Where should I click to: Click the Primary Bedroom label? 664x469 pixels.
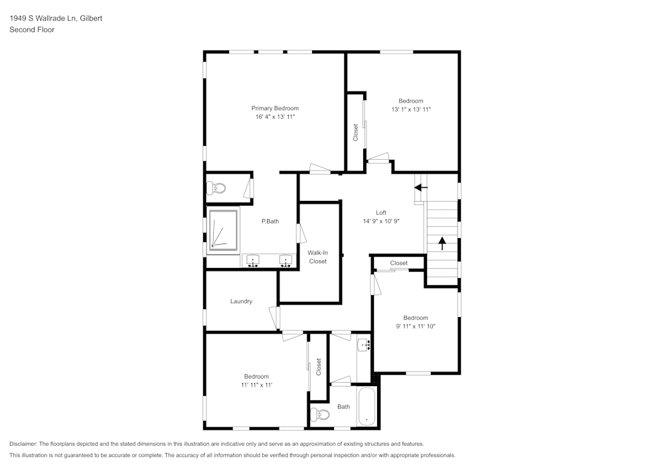point(274,108)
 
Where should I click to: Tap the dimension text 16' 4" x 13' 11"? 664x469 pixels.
point(274,117)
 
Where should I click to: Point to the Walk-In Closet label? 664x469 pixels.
point(317,257)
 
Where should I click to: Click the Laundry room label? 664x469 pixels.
point(241,301)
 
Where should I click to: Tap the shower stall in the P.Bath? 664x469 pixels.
point(222,230)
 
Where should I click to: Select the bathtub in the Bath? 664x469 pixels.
point(367,406)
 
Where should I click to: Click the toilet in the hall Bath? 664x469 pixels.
point(320,415)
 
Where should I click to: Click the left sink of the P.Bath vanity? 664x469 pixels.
point(253,261)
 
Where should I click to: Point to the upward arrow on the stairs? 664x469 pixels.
point(442,242)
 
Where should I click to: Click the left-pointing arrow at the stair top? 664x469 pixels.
point(421,187)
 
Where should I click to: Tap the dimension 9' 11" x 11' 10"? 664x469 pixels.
point(416,326)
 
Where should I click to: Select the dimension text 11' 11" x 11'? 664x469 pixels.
point(256,385)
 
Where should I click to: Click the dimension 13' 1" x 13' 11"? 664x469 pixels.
point(410,109)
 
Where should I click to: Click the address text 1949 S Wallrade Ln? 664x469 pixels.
point(42,19)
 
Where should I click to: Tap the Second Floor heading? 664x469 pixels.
point(32,30)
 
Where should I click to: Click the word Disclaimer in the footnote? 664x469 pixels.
point(23,444)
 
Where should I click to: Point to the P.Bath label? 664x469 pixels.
point(270,221)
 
